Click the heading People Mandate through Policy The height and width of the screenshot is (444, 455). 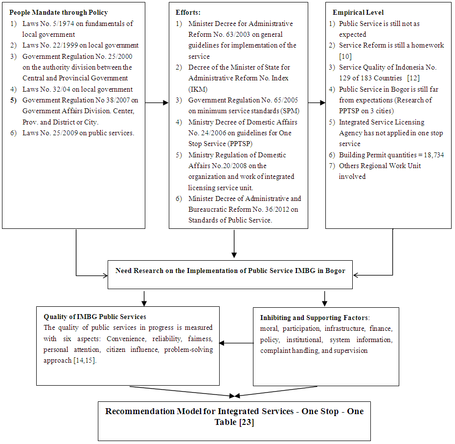59,12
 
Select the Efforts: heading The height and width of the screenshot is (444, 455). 188,12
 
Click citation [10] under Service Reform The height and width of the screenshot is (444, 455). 345,56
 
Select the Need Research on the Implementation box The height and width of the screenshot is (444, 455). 230,271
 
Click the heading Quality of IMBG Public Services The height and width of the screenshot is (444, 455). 95,317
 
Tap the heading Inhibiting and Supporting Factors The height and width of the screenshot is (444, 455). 315,318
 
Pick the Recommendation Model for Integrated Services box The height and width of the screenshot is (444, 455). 234,416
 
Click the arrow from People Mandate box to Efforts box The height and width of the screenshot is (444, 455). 157,103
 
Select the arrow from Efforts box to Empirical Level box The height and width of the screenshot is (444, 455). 317,103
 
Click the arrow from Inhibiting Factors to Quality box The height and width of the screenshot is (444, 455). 236,343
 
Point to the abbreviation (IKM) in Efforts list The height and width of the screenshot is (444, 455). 198,89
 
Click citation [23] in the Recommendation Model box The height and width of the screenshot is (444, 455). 246,422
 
